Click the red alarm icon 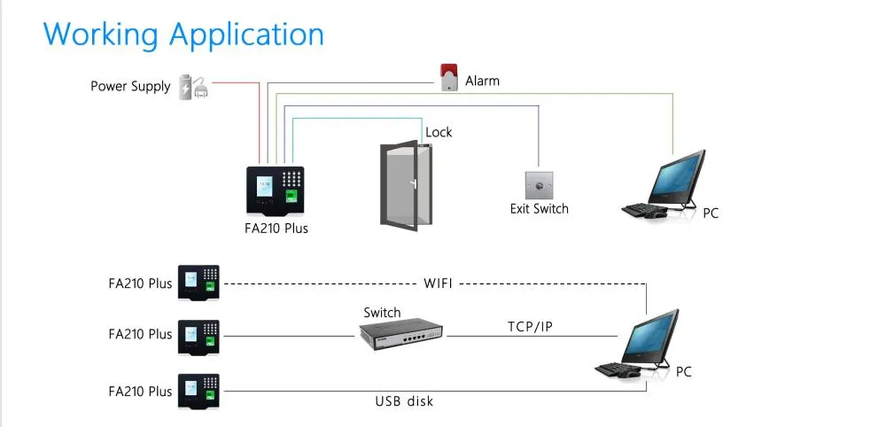point(448,77)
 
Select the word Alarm point(482,81)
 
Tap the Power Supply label point(129,86)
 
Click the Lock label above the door point(439,132)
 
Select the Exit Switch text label point(539,209)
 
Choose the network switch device point(401,331)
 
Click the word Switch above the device point(382,313)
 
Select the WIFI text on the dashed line point(439,283)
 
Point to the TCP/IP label point(530,326)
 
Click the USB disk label point(404,401)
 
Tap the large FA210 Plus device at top point(276,190)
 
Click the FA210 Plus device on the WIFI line point(198,283)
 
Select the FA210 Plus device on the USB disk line point(198,390)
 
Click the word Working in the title point(101,34)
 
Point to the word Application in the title point(246,35)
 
